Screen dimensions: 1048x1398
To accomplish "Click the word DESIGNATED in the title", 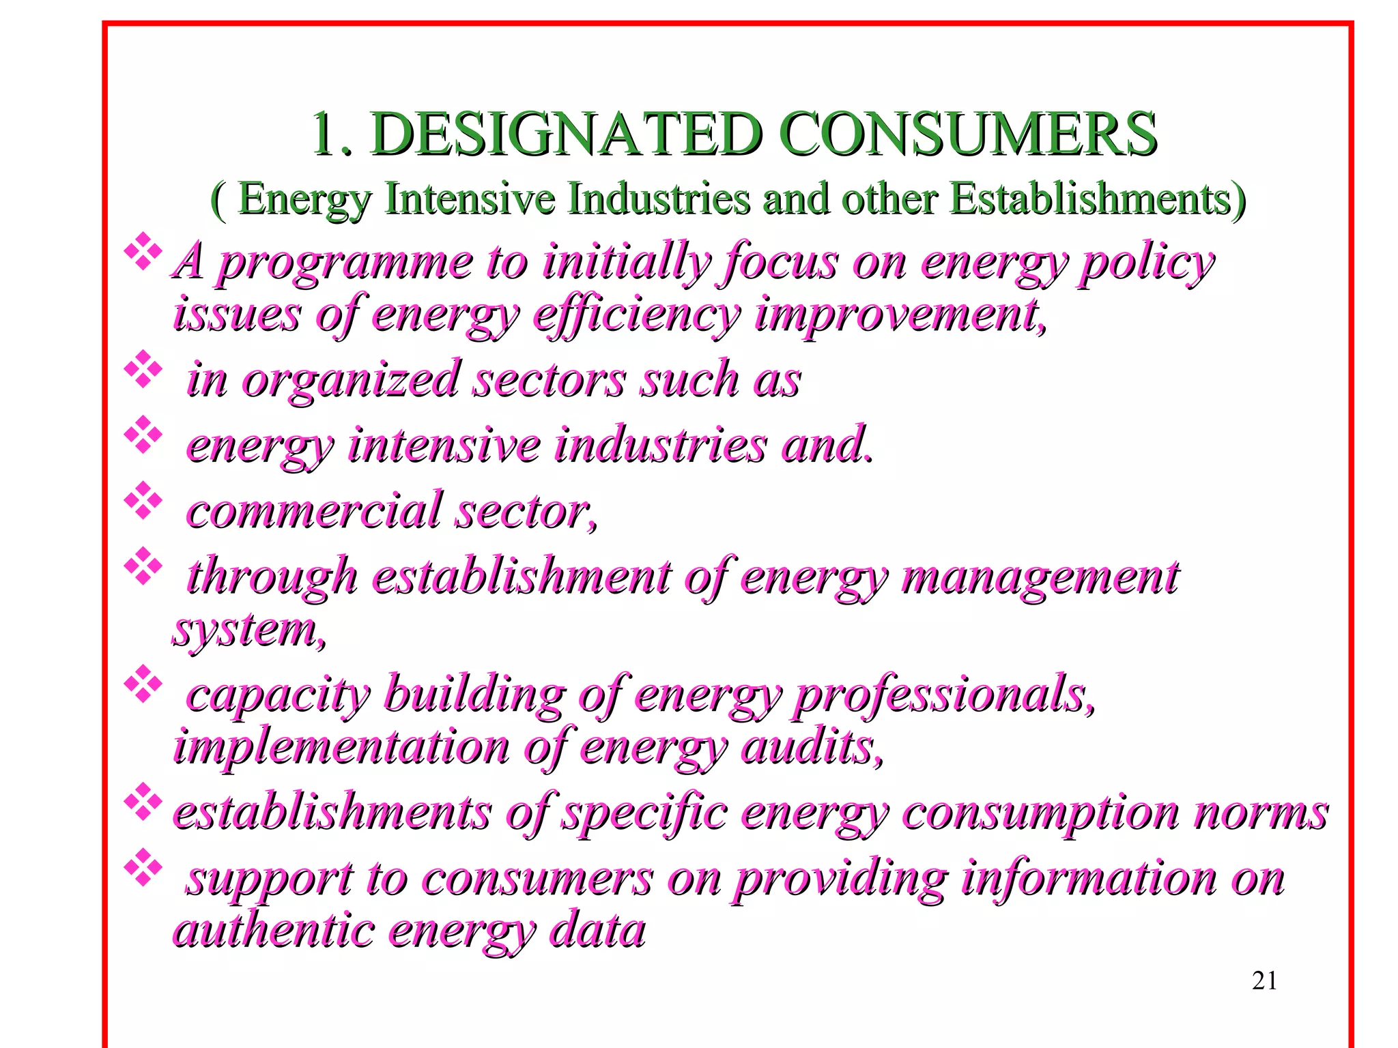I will pos(567,134).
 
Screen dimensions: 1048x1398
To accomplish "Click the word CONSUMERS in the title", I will pos(967,134).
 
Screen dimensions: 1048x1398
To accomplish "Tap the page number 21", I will pos(1264,980).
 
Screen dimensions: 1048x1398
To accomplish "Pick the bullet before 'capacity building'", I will pos(143,684).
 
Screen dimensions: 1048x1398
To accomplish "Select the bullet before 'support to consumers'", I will pos(143,867).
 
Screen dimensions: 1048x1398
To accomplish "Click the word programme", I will pos(345,263).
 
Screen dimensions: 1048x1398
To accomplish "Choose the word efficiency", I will pos(636,316).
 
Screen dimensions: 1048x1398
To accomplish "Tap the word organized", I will pos(352,380).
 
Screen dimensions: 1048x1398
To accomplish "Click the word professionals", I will pos(945,696).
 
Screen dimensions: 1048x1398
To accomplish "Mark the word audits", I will pos(812,748).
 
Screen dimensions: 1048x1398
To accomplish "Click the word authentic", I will pos(273,931).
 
